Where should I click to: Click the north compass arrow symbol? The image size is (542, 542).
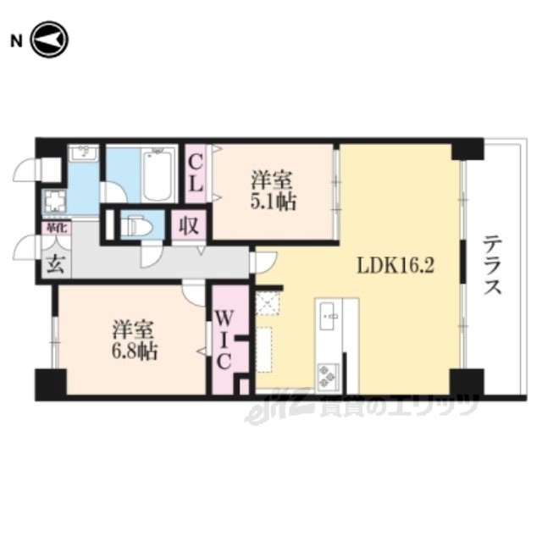(x=49, y=38)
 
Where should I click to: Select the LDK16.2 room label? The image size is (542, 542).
(x=395, y=265)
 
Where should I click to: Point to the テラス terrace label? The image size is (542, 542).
(x=492, y=265)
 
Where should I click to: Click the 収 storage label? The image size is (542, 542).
(x=186, y=226)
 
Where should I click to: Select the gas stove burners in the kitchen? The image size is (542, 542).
(x=328, y=374)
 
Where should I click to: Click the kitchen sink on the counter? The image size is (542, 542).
(x=328, y=318)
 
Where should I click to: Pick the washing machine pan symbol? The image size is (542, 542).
(x=56, y=202)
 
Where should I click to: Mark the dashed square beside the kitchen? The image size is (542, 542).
(x=268, y=302)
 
